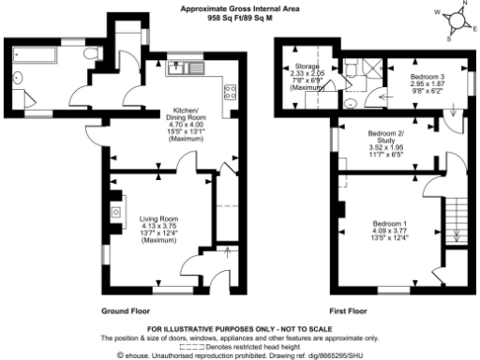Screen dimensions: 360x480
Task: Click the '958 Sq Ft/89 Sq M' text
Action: [239, 17]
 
